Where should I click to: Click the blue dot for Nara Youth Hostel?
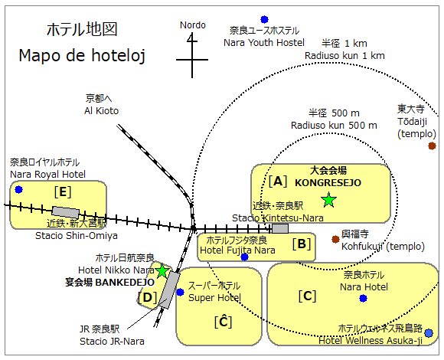click(x=264, y=19)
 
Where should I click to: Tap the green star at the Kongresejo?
click(x=328, y=200)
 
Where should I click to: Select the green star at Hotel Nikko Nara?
click(x=162, y=271)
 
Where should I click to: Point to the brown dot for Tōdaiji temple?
click(x=432, y=146)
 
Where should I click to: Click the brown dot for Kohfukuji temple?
click(x=335, y=239)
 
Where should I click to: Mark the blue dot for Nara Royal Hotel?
click(x=18, y=189)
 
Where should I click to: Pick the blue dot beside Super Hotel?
click(x=180, y=292)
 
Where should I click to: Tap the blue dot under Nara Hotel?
click(x=363, y=298)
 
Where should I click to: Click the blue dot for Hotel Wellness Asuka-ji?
click(x=429, y=333)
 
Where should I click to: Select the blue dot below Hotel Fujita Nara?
click(x=244, y=257)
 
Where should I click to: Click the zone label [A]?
click(x=278, y=181)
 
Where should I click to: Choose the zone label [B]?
click(x=302, y=244)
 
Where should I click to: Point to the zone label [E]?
click(x=63, y=192)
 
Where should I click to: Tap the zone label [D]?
click(x=147, y=297)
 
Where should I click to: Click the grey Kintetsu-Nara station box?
click(x=280, y=228)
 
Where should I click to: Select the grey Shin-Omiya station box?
click(x=66, y=212)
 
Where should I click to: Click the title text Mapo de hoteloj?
click(x=82, y=55)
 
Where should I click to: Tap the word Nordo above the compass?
click(x=193, y=25)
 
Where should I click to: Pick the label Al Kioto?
click(x=101, y=111)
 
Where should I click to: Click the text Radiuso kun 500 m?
click(x=334, y=125)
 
